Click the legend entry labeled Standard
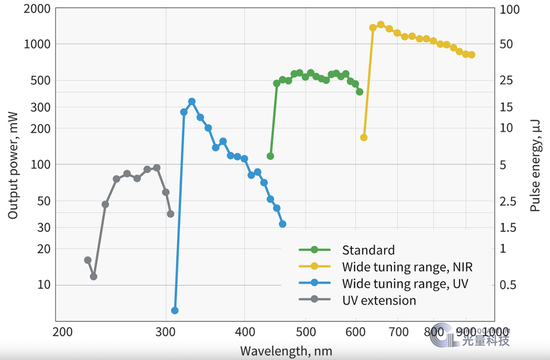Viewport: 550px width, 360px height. (368, 250)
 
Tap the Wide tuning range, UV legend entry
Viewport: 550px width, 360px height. (405, 283)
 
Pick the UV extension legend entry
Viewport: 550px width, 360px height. (379, 300)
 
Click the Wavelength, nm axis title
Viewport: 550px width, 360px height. (286, 350)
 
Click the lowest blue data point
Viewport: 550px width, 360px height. (175, 310)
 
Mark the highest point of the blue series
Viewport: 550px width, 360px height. (192, 102)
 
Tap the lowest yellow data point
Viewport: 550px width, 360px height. (364, 137)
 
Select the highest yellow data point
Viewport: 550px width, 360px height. (381, 24)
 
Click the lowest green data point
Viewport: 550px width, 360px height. (271, 156)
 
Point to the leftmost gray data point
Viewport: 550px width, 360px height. (88, 260)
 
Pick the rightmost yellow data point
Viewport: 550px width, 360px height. (472, 55)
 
